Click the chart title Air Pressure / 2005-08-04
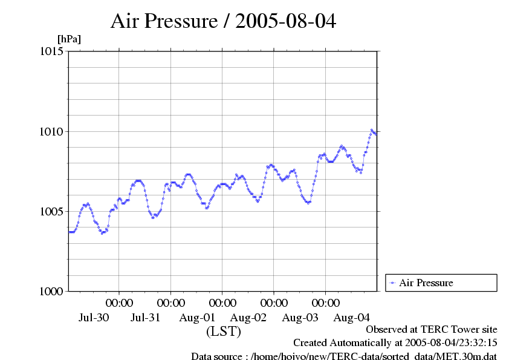tap(223, 22)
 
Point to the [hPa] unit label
tap(69, 39)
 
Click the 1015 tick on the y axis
tap(51, 51)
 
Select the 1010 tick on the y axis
tap(51, 131)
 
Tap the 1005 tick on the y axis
tap(51, 211)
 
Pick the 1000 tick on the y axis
tap(51, 291)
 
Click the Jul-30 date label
tap(94, 317)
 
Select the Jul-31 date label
tap(146, 317)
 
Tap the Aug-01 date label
tap(197, 317)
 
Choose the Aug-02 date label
tap(248, 317)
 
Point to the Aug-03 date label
tap(300, 317)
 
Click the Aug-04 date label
tap(352, 317)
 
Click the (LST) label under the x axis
tap(224, 332)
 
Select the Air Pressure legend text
tap(426, 283)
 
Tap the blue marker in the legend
tap(393, 283)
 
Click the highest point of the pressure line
tap(372, 129)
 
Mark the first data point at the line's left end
tap(70, 232)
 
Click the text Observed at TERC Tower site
tap(432, 330)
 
